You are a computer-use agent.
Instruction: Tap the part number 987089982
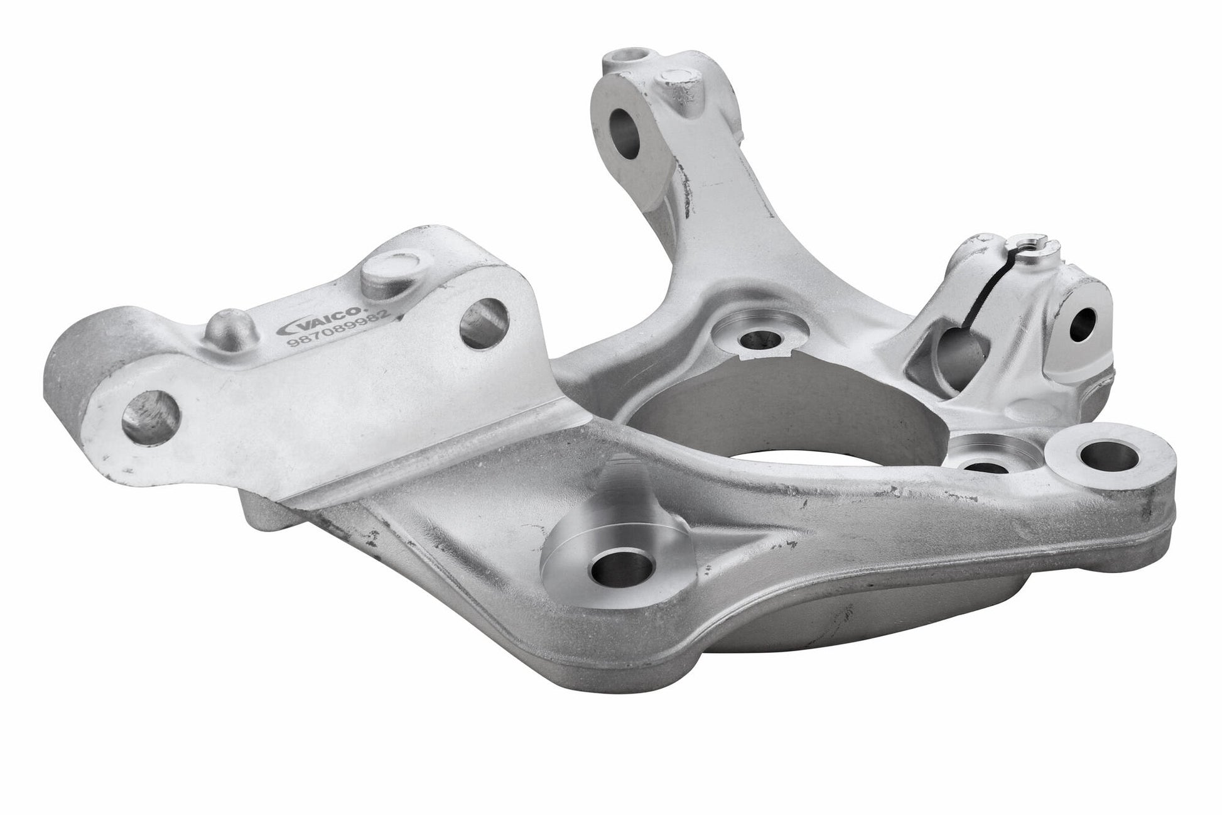(x=340, y=332)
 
